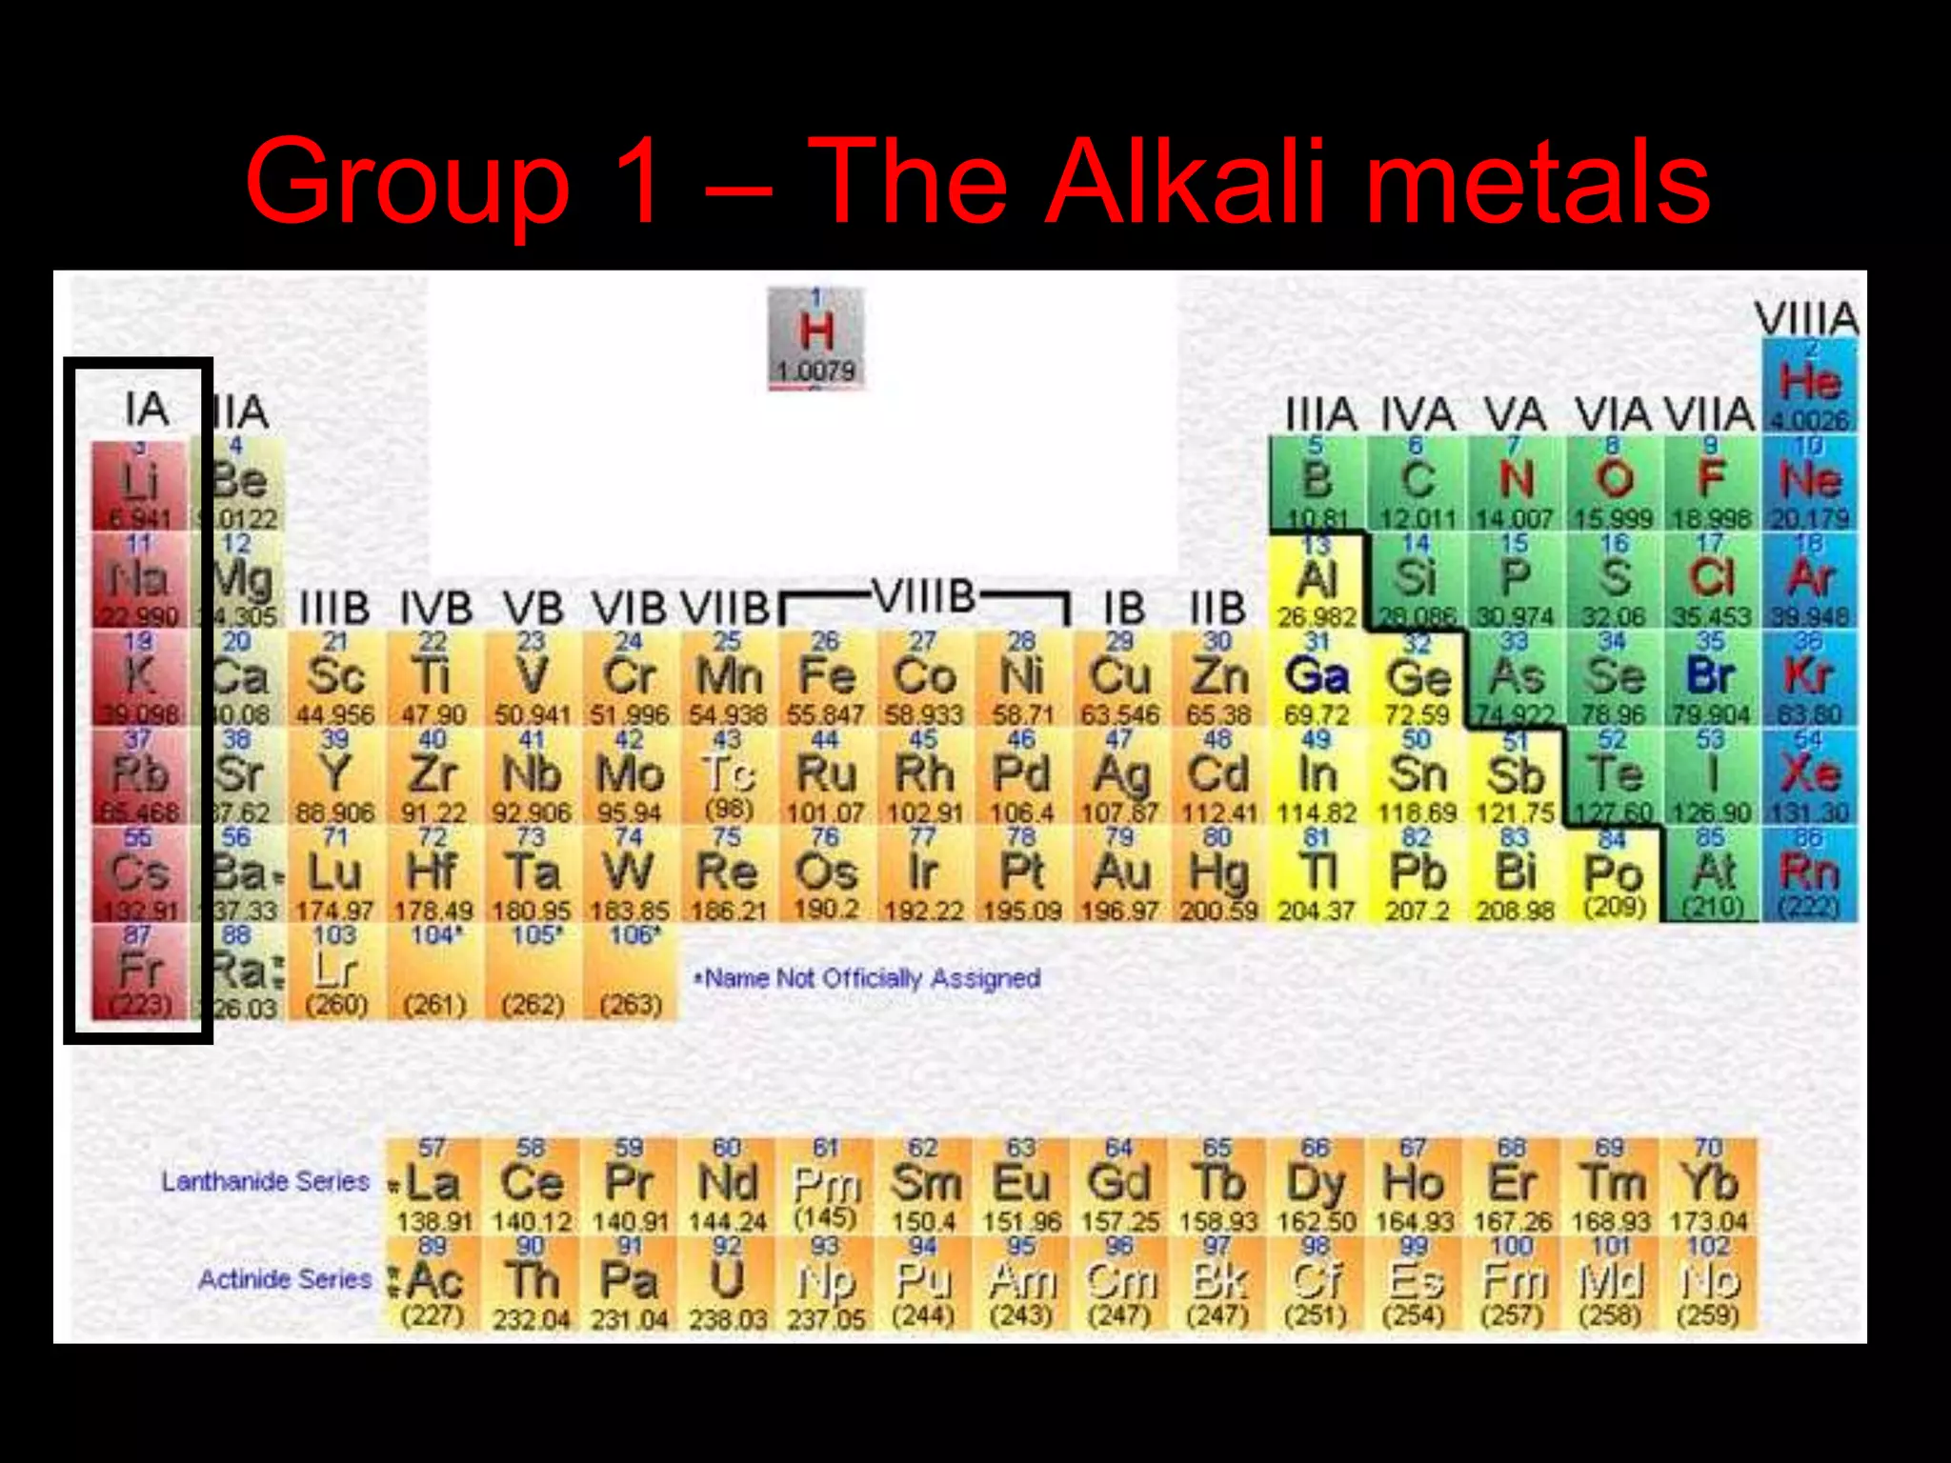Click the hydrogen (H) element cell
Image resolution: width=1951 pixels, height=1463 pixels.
pos(816,337)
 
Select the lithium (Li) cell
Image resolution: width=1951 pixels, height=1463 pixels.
pos(140,484)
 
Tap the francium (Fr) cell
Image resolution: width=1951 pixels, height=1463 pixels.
pos(140,972)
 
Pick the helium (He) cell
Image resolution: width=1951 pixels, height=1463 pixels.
pos(1809,385)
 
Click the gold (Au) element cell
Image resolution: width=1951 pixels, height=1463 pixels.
pos(1120,873)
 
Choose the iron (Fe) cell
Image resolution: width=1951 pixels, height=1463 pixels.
pos(826,678)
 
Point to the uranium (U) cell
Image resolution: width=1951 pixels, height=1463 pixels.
pos(727,1282)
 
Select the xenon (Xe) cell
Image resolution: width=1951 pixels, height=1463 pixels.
pos(1809,775)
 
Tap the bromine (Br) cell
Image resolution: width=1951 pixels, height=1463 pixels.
pos(1711,678)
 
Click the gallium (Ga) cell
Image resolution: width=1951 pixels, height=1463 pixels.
pos(1317,678)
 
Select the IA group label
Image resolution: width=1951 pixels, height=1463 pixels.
pos(147,410)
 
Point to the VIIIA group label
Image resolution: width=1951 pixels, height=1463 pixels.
pos(1806,318)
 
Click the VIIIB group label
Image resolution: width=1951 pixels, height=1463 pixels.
pos(924,598)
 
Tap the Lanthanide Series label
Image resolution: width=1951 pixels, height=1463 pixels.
pos(265,1182)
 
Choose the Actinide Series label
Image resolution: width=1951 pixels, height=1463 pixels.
pos(284,1279)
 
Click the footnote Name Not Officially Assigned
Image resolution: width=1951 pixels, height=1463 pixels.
pos(868,978)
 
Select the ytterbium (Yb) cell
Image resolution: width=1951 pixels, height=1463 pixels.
pos(1709,1185)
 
